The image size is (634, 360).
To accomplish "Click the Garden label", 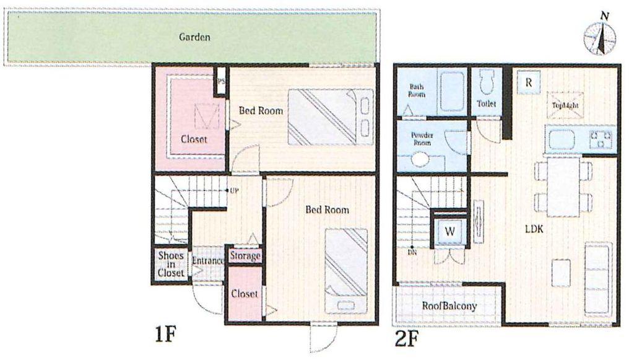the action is click(x=194, y=37).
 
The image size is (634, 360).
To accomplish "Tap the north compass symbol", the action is click(x=600, y=37).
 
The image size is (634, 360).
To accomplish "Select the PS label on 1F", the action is click(x=221, y=81).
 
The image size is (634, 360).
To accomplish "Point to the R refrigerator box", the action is click(x=529, y=82).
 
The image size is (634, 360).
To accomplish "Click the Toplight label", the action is click(x=565, y=105).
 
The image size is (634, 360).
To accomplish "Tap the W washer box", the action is click(x=450, y=232).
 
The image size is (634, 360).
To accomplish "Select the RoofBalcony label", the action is click(x=449, y=306).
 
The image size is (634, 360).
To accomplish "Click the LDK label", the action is click(x=534, y=229).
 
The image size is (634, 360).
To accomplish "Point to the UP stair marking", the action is click(x=233, y=190).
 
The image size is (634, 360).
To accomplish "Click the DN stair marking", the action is click(x=412, y=253).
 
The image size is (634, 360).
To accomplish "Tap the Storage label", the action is click(x=245, y=256).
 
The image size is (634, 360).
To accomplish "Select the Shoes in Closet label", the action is click(x=171, y=264).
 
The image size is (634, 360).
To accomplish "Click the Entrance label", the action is click(x=208, y=261).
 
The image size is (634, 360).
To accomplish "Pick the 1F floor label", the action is click(x=165, y=335).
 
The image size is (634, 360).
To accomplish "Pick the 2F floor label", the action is click(x=406, y=340).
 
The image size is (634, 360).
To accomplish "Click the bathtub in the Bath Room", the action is click(x=451, y=92).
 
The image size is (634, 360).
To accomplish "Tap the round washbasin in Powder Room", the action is click(x=420, y=159).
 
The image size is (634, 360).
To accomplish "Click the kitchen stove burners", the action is click(x=601, y=139).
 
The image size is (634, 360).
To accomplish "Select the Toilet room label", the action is click(x=486, y=104).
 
